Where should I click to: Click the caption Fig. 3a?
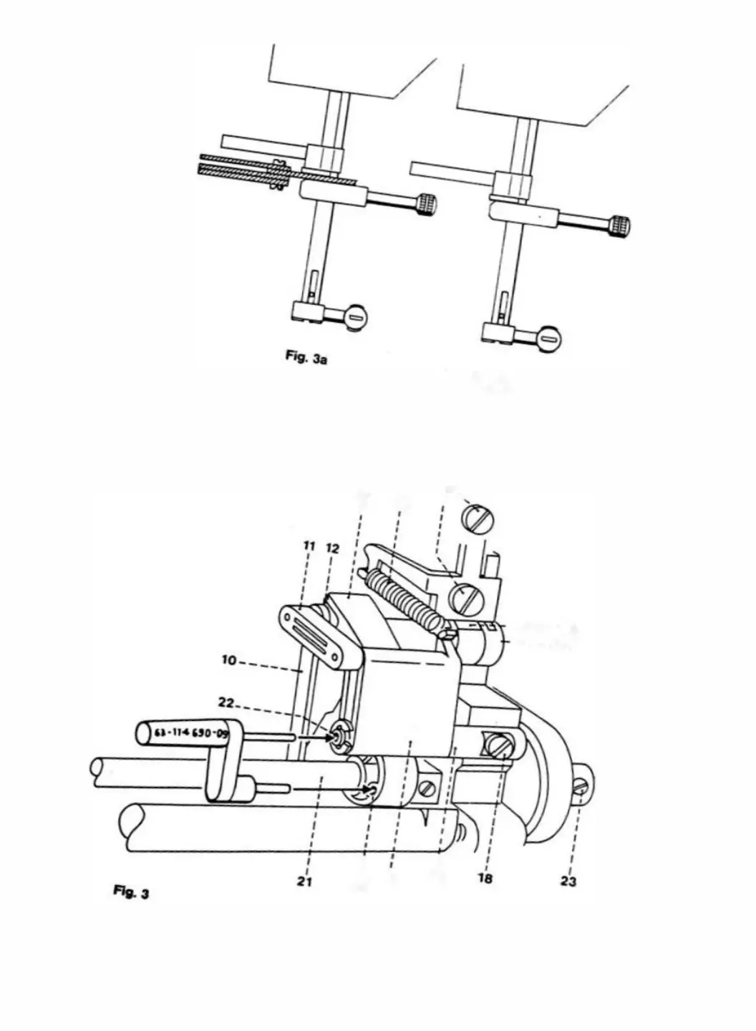click(x=306, y=358)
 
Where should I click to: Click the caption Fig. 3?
click(x=131, y=892)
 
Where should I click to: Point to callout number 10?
click(x=228, y=659)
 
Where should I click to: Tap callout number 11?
click(x=309, y=546)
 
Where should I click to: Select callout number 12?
click(x=332, y=548)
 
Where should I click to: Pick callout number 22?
click(x=226, y=703)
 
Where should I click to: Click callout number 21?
click(x=304, y=881)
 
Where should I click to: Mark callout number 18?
click(x=485, y=878)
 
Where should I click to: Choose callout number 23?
click(x=568, y=881)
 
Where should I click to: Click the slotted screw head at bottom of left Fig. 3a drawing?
click(x=357, y=316)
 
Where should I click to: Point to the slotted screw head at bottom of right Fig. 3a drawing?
click(x=549, y=338)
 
